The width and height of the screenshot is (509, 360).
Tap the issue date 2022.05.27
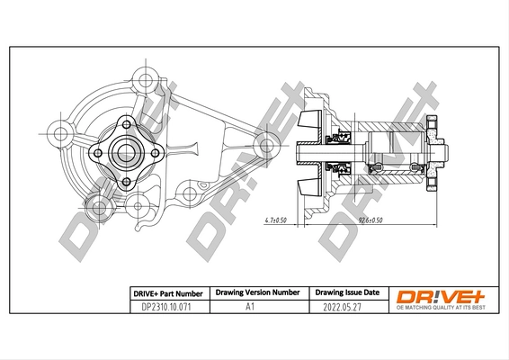point(344,307)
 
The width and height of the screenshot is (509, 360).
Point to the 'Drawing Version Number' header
point(257,293)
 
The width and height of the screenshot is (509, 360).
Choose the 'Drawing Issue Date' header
point(344,293)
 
